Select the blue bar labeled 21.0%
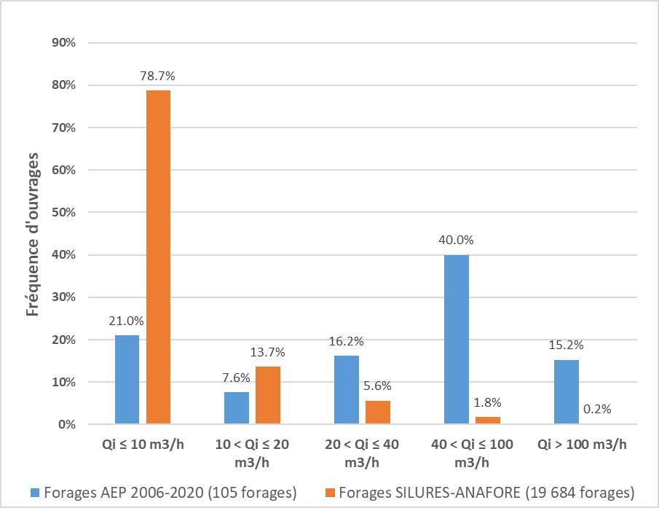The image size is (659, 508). point(127,379)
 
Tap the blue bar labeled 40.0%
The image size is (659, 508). point(457,339)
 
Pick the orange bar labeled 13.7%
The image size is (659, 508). point(268,395)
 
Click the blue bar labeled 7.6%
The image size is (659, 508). point(237,407)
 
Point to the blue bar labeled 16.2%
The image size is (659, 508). point(347,389)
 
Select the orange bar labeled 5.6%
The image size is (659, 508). point(378,412)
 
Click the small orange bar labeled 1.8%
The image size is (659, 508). point(488,420)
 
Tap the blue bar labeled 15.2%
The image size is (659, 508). point(567,391)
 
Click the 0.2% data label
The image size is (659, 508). point(597,409)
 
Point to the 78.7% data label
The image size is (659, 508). point(158,75)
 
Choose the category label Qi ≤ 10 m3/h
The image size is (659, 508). point(143,445)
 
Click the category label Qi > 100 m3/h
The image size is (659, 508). point(582,445)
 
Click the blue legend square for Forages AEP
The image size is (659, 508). point(34,493)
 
